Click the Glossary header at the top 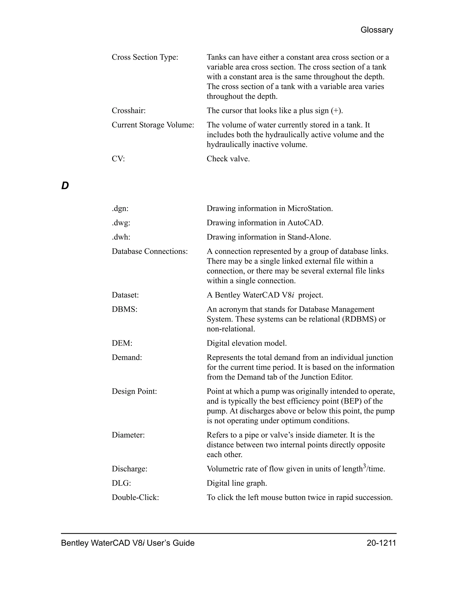[377, 30]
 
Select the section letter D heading [65, 186]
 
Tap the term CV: [118, 159]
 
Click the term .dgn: [120, 208]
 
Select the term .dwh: [121, 237]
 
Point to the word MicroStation [310, 208]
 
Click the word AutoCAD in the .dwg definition [305, 223]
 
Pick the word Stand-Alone [309, 237]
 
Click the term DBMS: [124, 309]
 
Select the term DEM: [122, 343]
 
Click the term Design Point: [134, 391]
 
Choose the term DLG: [121, 483]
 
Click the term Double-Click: [135, 497]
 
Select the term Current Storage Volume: [153, 125]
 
